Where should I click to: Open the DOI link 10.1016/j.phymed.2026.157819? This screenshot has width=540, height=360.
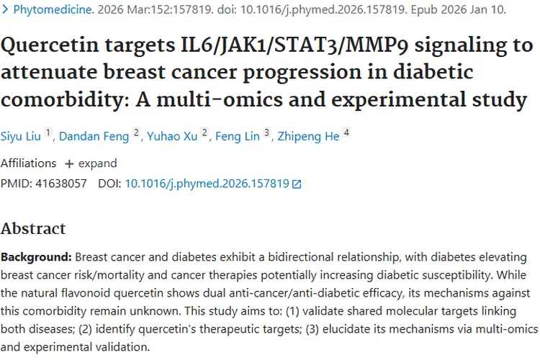(207, 184)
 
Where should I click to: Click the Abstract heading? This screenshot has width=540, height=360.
(33, 229)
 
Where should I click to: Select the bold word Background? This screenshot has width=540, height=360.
(35, 257)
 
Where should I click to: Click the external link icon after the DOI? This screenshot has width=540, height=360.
(297, 184)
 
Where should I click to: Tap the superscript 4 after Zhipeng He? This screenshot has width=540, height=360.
(346, 133)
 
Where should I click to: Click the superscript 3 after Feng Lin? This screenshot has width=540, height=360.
(266, 133)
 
